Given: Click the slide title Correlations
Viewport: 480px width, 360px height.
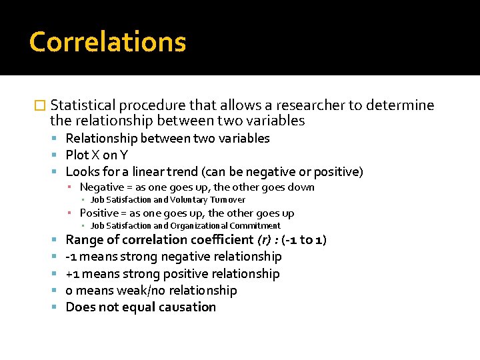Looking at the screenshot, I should [x=107, y=42].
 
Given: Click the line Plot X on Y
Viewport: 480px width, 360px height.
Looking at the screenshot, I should [x=97, y=155].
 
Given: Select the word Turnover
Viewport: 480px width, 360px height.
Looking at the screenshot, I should [x=228, y=199].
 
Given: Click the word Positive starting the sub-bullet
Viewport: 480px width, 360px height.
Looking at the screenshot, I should [x=99, y=213].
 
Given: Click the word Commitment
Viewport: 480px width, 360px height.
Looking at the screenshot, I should [x=257, y=225].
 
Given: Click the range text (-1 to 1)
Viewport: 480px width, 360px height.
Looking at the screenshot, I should [x=304, y=240].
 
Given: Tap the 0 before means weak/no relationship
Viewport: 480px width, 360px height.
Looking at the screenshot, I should [x=69, y=291].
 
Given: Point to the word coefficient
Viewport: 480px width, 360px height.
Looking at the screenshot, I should [x=221, y=240].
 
